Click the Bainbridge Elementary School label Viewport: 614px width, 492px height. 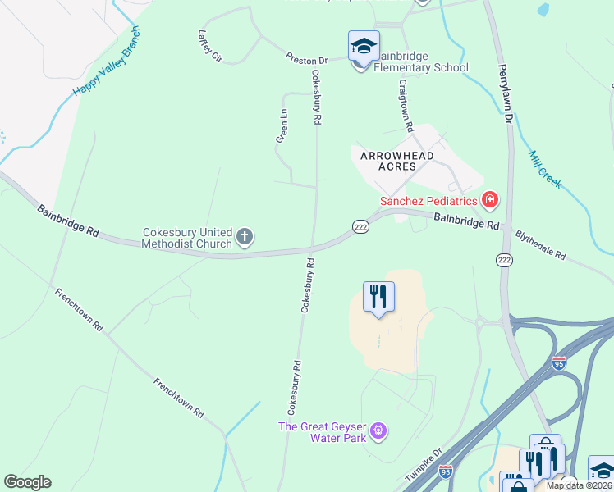pyautogui.click(x=420, y=61)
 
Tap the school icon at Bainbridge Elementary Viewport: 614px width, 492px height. pyautogui.click(x=363, y=46)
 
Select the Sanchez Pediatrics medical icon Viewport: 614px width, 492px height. pyautogui.click(x=490, y=199)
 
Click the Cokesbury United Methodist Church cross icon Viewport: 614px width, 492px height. pyautogui.click(x=244, y=238)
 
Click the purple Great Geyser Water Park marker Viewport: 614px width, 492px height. pyautogui.click(x=378, y=429)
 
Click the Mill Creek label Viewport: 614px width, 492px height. pyautogui.click(x=545, y=170)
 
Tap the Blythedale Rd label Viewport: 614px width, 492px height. pyautogui.click(x=540, y=244)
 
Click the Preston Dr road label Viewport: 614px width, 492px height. pyautogui.click(x=306, y=59)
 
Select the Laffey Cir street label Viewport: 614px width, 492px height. pyautogui.click(x=210, y=47)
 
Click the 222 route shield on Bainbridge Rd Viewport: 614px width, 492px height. pyautogui.click(x=360, y=226)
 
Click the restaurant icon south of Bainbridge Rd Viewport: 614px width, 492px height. pyautogui.click(x=378, y=296)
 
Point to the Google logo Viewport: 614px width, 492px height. pyautogui.click(x=28, y=482)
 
